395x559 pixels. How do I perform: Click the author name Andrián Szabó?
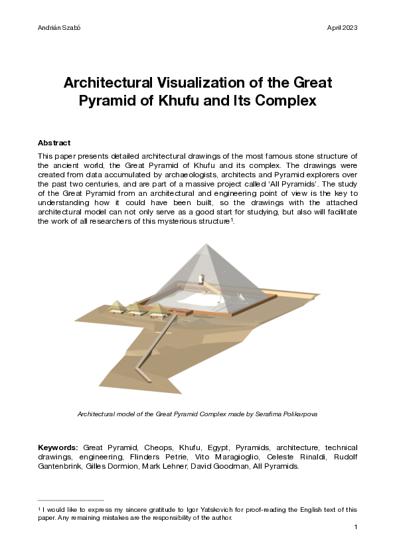56,28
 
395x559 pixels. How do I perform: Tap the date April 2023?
343,28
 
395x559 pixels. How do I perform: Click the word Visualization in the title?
188,84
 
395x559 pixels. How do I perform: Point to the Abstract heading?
54,143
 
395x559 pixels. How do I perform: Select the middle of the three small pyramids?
137,307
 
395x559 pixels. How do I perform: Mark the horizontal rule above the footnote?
71,501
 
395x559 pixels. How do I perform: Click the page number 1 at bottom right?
356,527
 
